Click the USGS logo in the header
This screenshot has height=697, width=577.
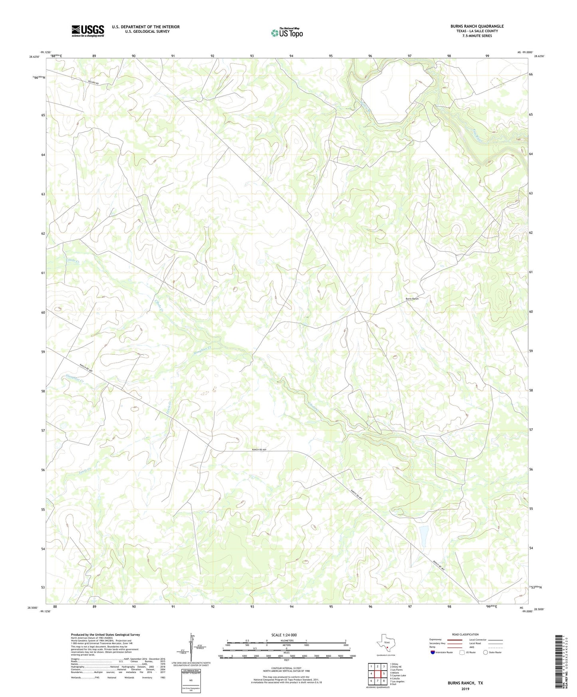88,31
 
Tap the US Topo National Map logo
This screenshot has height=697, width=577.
287,33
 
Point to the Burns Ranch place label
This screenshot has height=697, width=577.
412,299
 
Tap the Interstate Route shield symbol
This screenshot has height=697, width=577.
433,652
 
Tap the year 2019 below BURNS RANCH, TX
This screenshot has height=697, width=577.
465,689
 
